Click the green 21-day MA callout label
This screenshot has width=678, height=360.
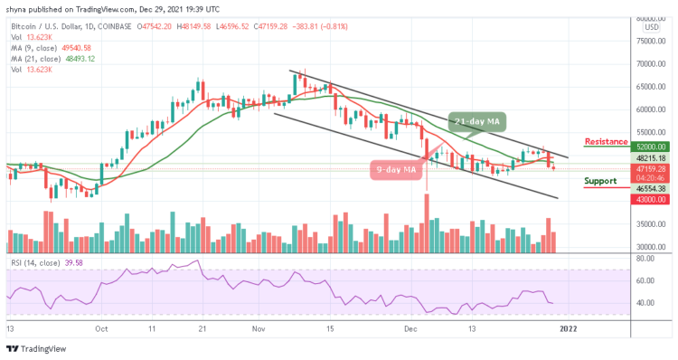pos(479,121)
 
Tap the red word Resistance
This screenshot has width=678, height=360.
pos(607,141)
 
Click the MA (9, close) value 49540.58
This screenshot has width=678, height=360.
pos(72,47)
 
